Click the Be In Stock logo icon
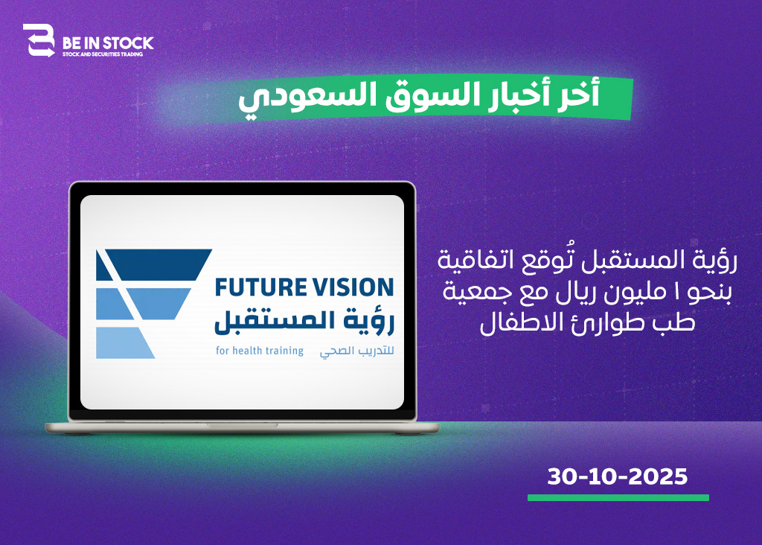(39, 40)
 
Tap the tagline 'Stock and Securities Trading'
(103, 54)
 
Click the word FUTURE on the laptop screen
(256, 287)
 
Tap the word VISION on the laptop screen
(349, 287)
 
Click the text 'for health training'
(260, 351)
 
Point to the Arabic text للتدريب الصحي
(356, 351)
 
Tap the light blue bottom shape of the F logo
(125, 342)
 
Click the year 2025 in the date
(658, 477)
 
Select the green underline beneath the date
(618, 497)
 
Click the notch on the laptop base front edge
(242, 425)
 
